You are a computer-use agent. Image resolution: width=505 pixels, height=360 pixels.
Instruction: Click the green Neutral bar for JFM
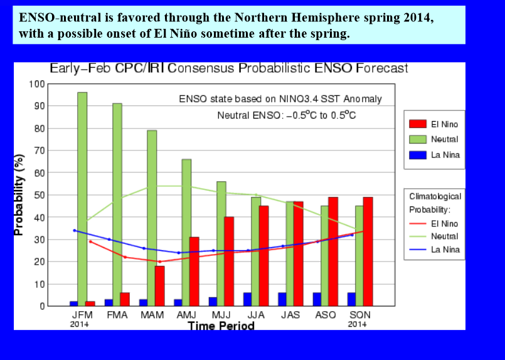point(82,199)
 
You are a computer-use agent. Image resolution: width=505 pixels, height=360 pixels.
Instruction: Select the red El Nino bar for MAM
point(159,286)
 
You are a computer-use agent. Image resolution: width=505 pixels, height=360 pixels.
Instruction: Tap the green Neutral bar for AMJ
point(186,233)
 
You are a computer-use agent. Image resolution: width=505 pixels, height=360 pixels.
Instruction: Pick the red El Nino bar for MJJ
point(229,262)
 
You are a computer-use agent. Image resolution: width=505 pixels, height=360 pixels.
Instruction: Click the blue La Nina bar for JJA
point(247,299)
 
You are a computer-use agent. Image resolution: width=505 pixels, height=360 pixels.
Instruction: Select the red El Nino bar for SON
point(368,251)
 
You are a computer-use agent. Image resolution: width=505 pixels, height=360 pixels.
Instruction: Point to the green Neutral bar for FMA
point(117,205)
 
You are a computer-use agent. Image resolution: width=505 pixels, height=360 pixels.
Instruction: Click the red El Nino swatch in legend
point(418,124)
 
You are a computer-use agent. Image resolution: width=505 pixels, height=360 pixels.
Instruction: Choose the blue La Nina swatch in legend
point(418,155)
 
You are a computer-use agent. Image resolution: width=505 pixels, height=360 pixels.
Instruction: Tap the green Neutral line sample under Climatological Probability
point(418,236)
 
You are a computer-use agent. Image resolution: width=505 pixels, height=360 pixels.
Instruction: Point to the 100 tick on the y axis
point(37,84)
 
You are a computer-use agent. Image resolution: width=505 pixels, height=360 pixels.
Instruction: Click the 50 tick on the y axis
point(40,195)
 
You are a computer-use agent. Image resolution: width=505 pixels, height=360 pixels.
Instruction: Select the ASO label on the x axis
point(326,315)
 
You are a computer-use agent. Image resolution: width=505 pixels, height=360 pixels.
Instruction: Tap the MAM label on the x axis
point(152,315)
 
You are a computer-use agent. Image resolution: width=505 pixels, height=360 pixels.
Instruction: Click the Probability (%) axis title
point(19,195)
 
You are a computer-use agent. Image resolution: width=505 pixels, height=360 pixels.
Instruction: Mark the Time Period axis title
point(221,326)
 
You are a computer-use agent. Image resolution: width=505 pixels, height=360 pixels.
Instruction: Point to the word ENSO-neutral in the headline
point(60,18)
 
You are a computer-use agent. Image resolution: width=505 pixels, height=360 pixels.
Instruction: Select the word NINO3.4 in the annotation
point(299,99)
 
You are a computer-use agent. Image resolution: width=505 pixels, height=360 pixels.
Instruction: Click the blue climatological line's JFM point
point(75,231)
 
